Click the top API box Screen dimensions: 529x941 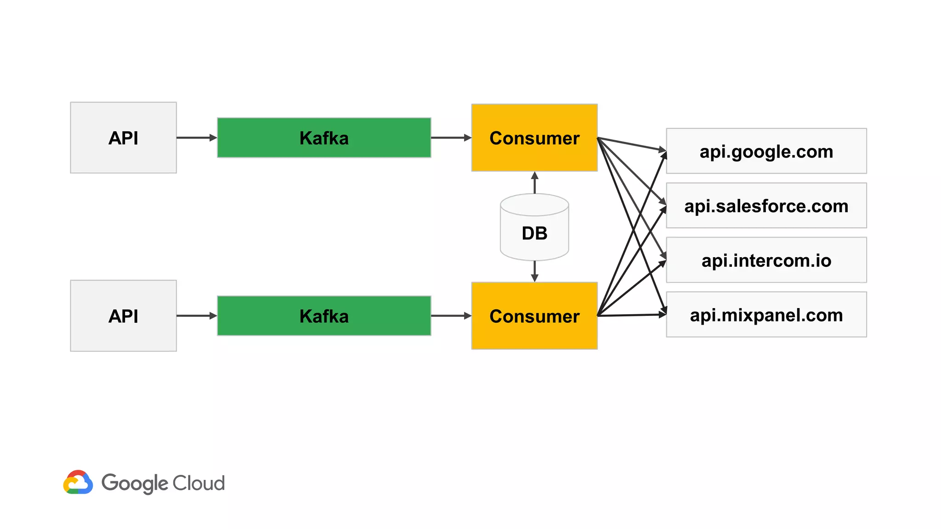point(123,138)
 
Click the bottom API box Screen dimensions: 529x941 point(123,316)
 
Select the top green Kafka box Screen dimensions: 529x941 point(324,138)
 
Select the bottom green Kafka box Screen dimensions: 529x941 point(324,316)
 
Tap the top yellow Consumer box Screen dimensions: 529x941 point(534,138)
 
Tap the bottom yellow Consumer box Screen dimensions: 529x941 point(534,316)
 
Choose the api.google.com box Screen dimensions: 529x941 point(766,151)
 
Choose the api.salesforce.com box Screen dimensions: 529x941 point(766,206)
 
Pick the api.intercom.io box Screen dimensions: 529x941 point(766,260)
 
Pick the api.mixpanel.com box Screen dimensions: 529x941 point(766,315)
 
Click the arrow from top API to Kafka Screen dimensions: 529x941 point(196,138)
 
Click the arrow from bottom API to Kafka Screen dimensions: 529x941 point(196,316)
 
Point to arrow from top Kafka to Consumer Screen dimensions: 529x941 point(451,138)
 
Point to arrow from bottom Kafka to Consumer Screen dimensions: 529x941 point(451,316)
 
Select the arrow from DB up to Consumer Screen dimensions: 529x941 point(534,183)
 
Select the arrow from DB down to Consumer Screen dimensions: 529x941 point(534,271)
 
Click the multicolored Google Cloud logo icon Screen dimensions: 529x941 point(78,483)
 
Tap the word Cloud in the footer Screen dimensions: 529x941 point(198,483)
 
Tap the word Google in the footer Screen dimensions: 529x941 point(135,484)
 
